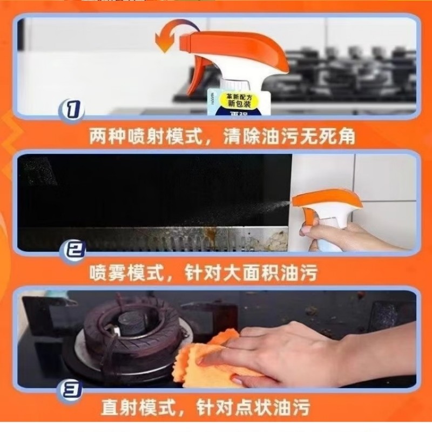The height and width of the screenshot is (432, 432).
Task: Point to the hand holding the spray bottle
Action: pos(346,238)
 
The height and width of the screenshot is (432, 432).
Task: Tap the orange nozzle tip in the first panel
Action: pos(186,41)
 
